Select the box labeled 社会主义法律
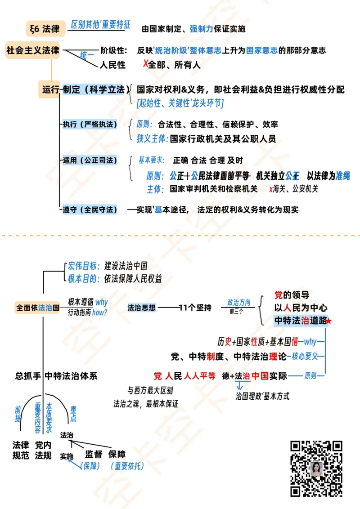coord(33,50)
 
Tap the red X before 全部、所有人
coord(145,64)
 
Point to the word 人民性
coord(112,65)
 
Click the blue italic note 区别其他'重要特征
coord(100,25)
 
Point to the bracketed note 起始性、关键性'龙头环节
coord(180,103)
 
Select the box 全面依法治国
coord(38,308)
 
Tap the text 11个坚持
coord(195,308)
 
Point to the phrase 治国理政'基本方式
coord(262,396)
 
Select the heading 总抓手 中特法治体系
coord(56,376)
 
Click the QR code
coord(316,468)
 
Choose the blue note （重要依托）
coord(127,466)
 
